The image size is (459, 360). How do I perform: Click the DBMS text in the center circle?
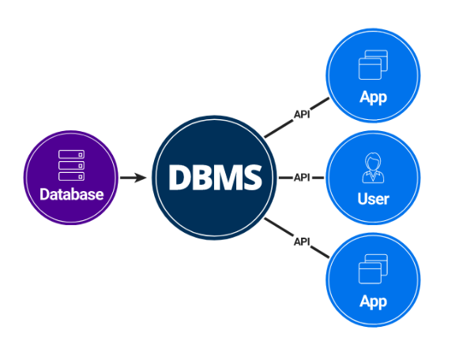pos(215,178)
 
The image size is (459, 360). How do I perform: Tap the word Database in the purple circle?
pos(72,194)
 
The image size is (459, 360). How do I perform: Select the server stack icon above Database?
pos(71,165)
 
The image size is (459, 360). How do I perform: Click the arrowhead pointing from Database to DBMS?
pos(140,178)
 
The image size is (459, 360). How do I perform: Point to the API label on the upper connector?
pos(302,114)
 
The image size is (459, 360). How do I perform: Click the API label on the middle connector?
pos(302,177)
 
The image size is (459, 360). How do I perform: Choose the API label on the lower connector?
pos(302,242)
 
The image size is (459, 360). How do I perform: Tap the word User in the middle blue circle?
pos(373,199)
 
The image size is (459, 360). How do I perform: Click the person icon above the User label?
pos(373,168)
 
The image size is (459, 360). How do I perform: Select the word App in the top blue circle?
pos(373,97)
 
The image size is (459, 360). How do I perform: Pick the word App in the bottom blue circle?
pos(373,302)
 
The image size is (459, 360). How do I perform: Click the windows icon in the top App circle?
pos(373,65)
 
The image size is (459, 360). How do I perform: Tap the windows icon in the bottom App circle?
pos(373,269)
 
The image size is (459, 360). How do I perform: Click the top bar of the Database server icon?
pos(71,154)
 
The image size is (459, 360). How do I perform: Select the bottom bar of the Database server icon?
pos(71,177)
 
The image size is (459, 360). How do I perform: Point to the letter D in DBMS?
pos(179,178)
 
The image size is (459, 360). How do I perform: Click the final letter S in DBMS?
pos(252,178)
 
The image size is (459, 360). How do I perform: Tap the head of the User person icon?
pos(373,160)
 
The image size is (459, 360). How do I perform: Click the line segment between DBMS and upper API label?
pos(279,128)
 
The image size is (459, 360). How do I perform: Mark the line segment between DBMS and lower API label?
pos(279,227)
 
